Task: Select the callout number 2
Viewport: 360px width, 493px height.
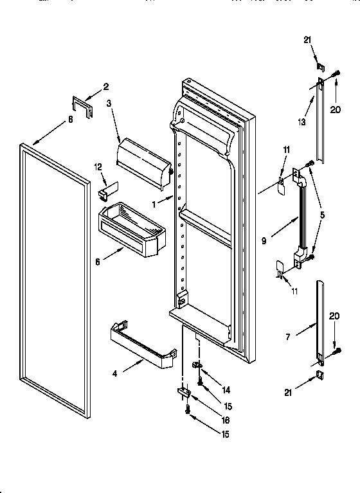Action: click(x=106, y=87)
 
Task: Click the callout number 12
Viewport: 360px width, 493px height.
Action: click(x=98, y=167)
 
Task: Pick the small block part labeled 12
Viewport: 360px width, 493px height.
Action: click(x=105, y=190)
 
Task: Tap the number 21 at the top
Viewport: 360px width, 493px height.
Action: click(x=307, y=40)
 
